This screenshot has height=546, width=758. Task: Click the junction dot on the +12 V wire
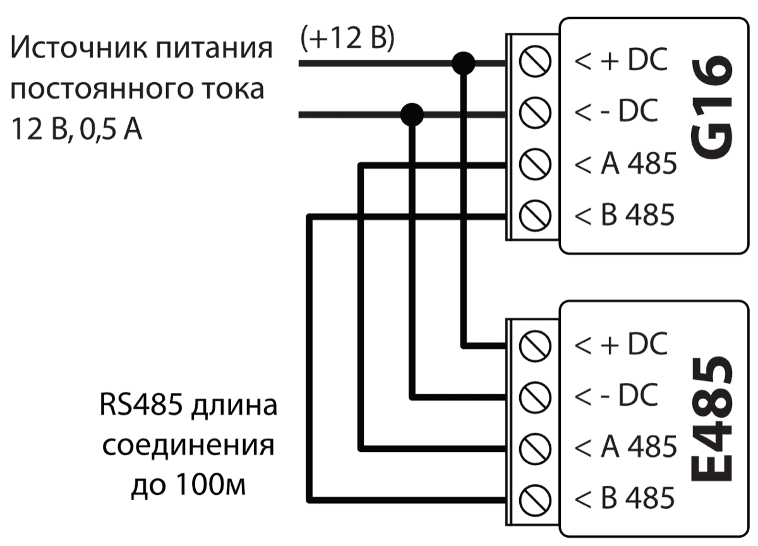tap(464, 63)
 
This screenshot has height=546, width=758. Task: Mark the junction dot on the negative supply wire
tap(412, 114)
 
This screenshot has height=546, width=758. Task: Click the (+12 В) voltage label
tap(348, 39)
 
